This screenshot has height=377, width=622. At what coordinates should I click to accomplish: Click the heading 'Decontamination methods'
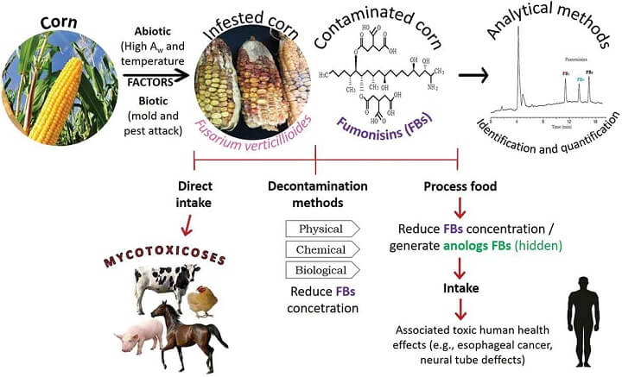(318, 193)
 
